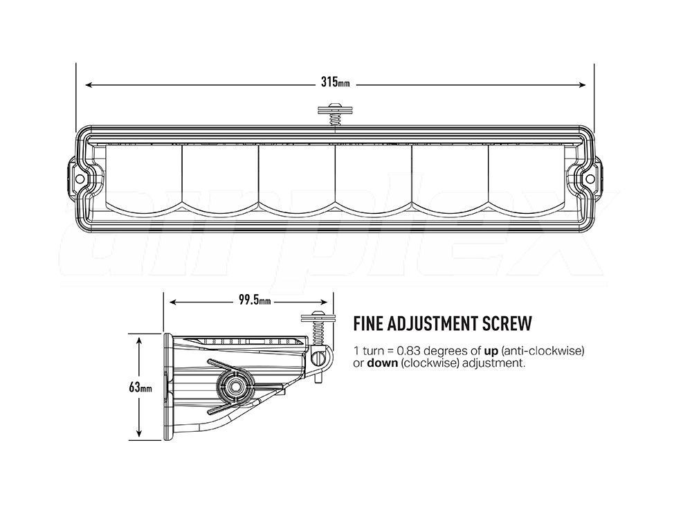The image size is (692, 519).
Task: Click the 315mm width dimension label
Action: [x=335, y=82]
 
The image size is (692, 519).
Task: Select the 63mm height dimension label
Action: [x=140, y=388]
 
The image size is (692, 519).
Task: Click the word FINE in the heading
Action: [x=367, y=323]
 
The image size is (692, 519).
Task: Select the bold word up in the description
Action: [x=491, y=352]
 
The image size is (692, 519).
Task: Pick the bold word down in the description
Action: [x=383, y=363]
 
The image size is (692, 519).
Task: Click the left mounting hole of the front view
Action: [x=80, y=179]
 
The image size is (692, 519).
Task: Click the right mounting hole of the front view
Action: [x=589, y=179]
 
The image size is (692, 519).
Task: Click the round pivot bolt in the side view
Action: [x=235, y=387]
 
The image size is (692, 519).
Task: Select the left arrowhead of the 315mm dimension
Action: [x=88, y=84]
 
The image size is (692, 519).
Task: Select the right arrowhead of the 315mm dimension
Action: [x=582, y=84]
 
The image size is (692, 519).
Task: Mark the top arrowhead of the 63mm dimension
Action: [x=139, y=341]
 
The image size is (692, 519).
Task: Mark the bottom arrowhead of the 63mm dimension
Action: [x=139, y=433]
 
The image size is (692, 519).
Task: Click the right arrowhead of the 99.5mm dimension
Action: [x=324, y=302]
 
